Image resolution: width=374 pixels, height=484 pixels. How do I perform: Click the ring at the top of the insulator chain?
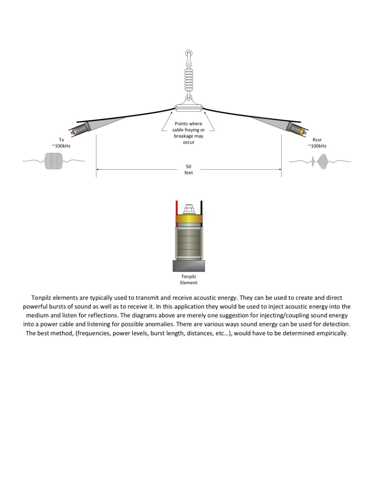coord(188,54)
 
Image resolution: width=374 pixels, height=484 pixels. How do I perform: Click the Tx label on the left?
coord(61,140)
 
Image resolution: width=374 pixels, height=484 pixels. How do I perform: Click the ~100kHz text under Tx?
coord(61,146)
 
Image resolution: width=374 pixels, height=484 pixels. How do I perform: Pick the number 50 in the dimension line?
coord(188,166)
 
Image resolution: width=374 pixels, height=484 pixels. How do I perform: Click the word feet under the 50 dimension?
coord(188,173)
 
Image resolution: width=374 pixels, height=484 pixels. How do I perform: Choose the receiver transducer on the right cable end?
coord(296,127)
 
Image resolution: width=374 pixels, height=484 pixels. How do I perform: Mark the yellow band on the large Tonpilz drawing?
coord(189,219)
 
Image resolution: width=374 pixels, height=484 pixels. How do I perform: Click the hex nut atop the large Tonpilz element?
coord(189,209)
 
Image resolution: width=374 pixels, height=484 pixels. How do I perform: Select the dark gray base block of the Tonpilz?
coord(189,266)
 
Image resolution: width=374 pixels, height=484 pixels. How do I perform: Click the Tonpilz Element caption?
coord(189,279)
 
